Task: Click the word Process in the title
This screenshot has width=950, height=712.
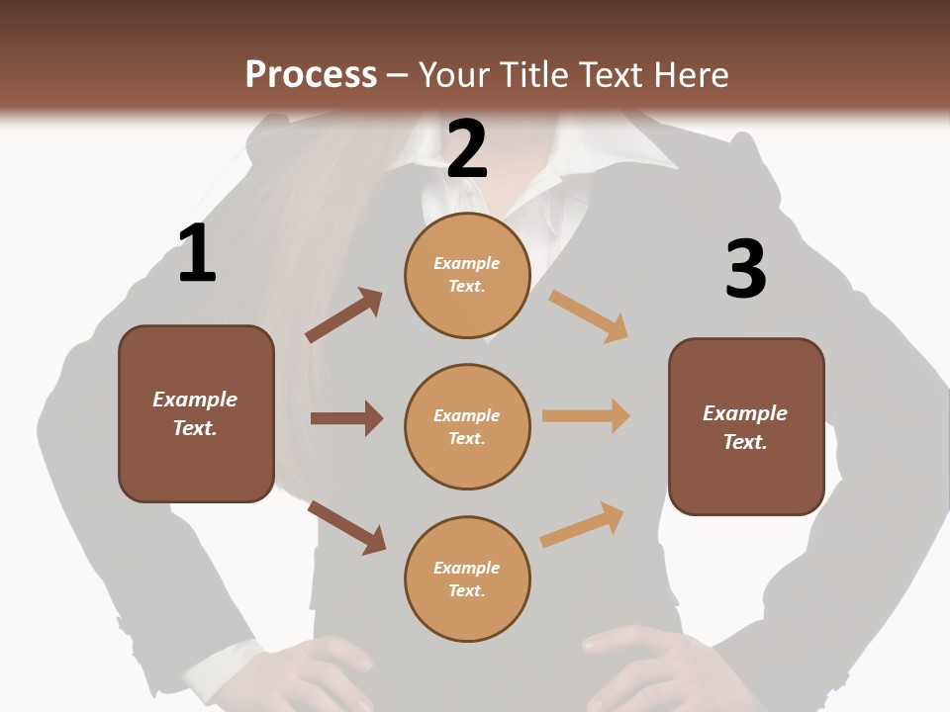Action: (311, 75)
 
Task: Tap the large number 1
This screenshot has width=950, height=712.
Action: (197, 253)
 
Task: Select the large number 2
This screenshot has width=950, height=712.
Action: (467, 148)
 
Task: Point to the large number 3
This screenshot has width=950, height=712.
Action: (745, 269)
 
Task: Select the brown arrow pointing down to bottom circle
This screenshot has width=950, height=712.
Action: (346, 527)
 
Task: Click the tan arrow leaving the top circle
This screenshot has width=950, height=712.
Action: (589, 315)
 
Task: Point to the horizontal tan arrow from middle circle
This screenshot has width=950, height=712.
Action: (586, 416)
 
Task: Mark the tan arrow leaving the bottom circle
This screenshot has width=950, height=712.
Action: (582, 525)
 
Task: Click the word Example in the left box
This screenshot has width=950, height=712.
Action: (195, 400)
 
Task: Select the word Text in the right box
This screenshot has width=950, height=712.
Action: (744, 442)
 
